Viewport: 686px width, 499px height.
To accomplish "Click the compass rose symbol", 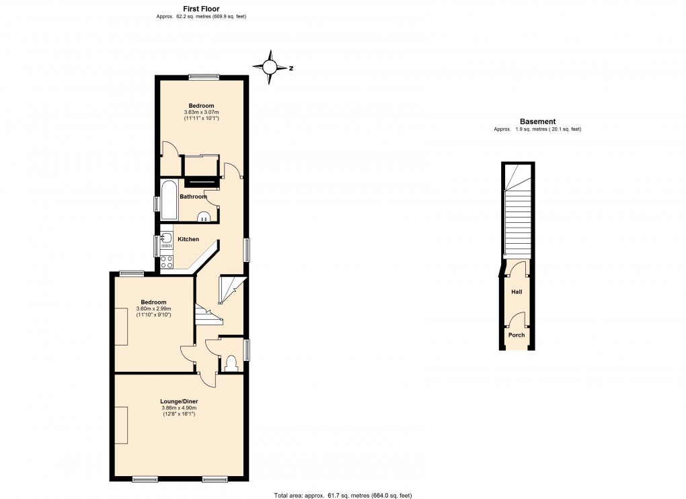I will (x=270, y=67).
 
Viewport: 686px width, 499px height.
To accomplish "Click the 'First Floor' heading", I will (x=201, y=9).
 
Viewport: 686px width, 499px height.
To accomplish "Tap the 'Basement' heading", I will (x=537, y=121).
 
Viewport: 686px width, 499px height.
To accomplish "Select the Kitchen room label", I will (x=188, y=239).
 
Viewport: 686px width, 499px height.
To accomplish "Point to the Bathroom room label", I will (x=192, y=197).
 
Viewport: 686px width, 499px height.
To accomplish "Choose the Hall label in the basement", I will (x=517, y=292).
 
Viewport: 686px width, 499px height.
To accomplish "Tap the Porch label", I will (x=517, y=335).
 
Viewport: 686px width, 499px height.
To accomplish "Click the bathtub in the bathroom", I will (x=168, y=199).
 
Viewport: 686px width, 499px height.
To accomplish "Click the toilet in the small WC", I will (x=232, y=364).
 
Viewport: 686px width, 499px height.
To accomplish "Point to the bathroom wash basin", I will (x=204, y=216).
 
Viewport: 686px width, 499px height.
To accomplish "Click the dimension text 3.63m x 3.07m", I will (x=202, y=112).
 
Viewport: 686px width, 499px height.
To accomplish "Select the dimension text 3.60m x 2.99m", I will (x=154, y=309).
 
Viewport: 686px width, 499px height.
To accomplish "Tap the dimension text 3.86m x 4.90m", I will (x=179, y=408).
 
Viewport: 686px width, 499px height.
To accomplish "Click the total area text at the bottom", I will (x=342, y=495).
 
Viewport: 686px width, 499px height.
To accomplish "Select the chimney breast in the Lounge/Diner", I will (x=121, y=425).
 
